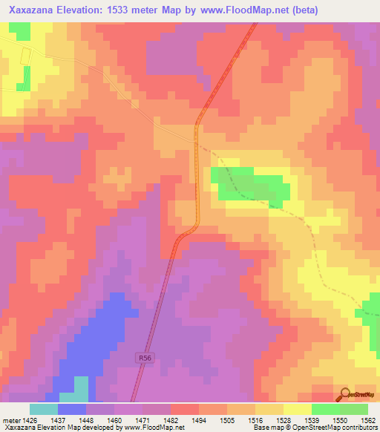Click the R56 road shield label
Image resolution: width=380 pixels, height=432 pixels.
[x=146, y=359]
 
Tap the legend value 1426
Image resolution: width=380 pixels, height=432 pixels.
[x=29, y=420]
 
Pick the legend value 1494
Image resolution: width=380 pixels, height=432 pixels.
[x=198, y=420]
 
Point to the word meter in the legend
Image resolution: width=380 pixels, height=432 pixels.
[x=10, y=420]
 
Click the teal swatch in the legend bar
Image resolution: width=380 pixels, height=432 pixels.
[x=43, y=409]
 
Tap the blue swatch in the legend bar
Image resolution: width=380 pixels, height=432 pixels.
[x=71, y=409]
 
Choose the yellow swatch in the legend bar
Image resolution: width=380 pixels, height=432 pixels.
[x=297, y=409]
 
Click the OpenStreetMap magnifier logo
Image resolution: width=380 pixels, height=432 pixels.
[x=345, y=393]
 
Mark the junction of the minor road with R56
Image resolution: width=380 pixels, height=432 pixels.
[x=197, y=138]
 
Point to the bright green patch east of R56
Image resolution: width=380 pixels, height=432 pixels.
[x=249, y=185]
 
